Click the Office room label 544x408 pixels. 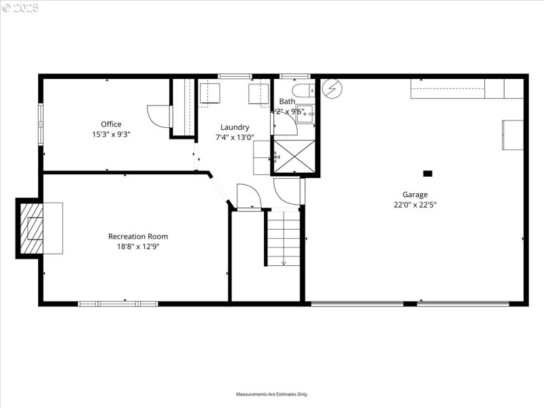tap(111, 124)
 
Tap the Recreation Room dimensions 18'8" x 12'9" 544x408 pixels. tap(138, 247)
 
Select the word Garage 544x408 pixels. tap(415, 194)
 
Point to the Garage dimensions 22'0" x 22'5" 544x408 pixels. tap(415, 204)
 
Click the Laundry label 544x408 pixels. tap(235, 127)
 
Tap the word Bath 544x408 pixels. tap(287, 101)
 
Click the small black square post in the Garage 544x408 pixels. tap(428, 173)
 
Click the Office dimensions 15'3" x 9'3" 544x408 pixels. tap(111, 135)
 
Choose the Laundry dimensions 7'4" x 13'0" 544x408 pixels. tap(235, 137)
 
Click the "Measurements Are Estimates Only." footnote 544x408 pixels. tap(272, 394)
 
